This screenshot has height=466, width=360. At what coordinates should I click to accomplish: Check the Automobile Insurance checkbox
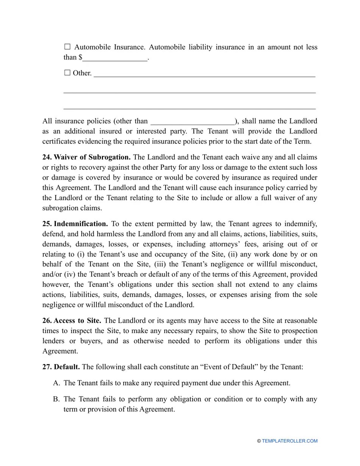click(67, 47)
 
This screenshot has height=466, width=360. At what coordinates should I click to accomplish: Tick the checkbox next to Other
click(67, 73)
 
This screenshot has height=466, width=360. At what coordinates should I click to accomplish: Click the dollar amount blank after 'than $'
click(115, 58)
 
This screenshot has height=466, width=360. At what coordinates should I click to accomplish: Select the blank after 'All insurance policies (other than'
click(193, 121)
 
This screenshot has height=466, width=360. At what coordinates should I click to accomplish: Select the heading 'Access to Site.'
click(77, 321)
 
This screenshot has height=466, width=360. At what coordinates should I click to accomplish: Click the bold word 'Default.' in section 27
click(67, 367)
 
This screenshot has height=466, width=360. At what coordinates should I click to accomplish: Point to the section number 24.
click(47, 157)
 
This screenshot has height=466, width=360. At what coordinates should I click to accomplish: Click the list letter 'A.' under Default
click(57, 383)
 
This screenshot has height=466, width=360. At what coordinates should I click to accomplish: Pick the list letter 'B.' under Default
click(57, 399)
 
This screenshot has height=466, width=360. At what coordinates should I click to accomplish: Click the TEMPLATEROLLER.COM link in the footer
click(290, 441)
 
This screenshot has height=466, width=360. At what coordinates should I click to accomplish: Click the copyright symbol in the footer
click(259, 441)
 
